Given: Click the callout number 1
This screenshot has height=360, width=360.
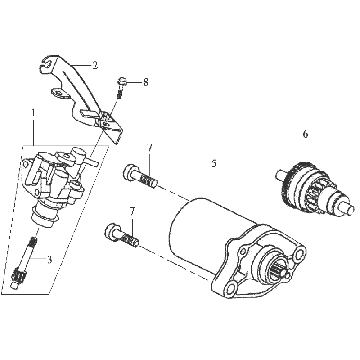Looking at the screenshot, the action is pos(33,112).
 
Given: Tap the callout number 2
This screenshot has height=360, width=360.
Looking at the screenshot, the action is pos(95,65).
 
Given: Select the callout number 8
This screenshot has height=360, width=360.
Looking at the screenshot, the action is pos(146,82).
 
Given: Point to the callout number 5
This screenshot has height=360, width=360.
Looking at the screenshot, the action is pos(214,163).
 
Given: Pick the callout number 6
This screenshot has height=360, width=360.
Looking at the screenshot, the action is pos(305,134).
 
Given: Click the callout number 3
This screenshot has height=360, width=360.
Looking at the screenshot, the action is pos(50,260).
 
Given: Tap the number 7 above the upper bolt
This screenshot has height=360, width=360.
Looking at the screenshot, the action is pos(150,149).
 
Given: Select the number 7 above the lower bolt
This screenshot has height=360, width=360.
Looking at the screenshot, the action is pos(132,211).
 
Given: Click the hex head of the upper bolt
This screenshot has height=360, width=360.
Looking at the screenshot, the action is pos(130,172).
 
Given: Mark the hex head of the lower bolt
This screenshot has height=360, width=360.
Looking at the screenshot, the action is pos(112,232).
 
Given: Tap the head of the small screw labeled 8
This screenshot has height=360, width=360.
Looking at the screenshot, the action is pos(121,81).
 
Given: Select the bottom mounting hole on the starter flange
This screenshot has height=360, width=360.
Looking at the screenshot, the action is pos(230,286).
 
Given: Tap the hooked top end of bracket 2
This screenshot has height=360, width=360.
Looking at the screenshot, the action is pos(46,63).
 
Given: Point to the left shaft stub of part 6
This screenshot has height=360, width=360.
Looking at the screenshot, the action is pos(280,175).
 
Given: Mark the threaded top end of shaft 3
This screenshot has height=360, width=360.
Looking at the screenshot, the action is pos(33,242).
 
